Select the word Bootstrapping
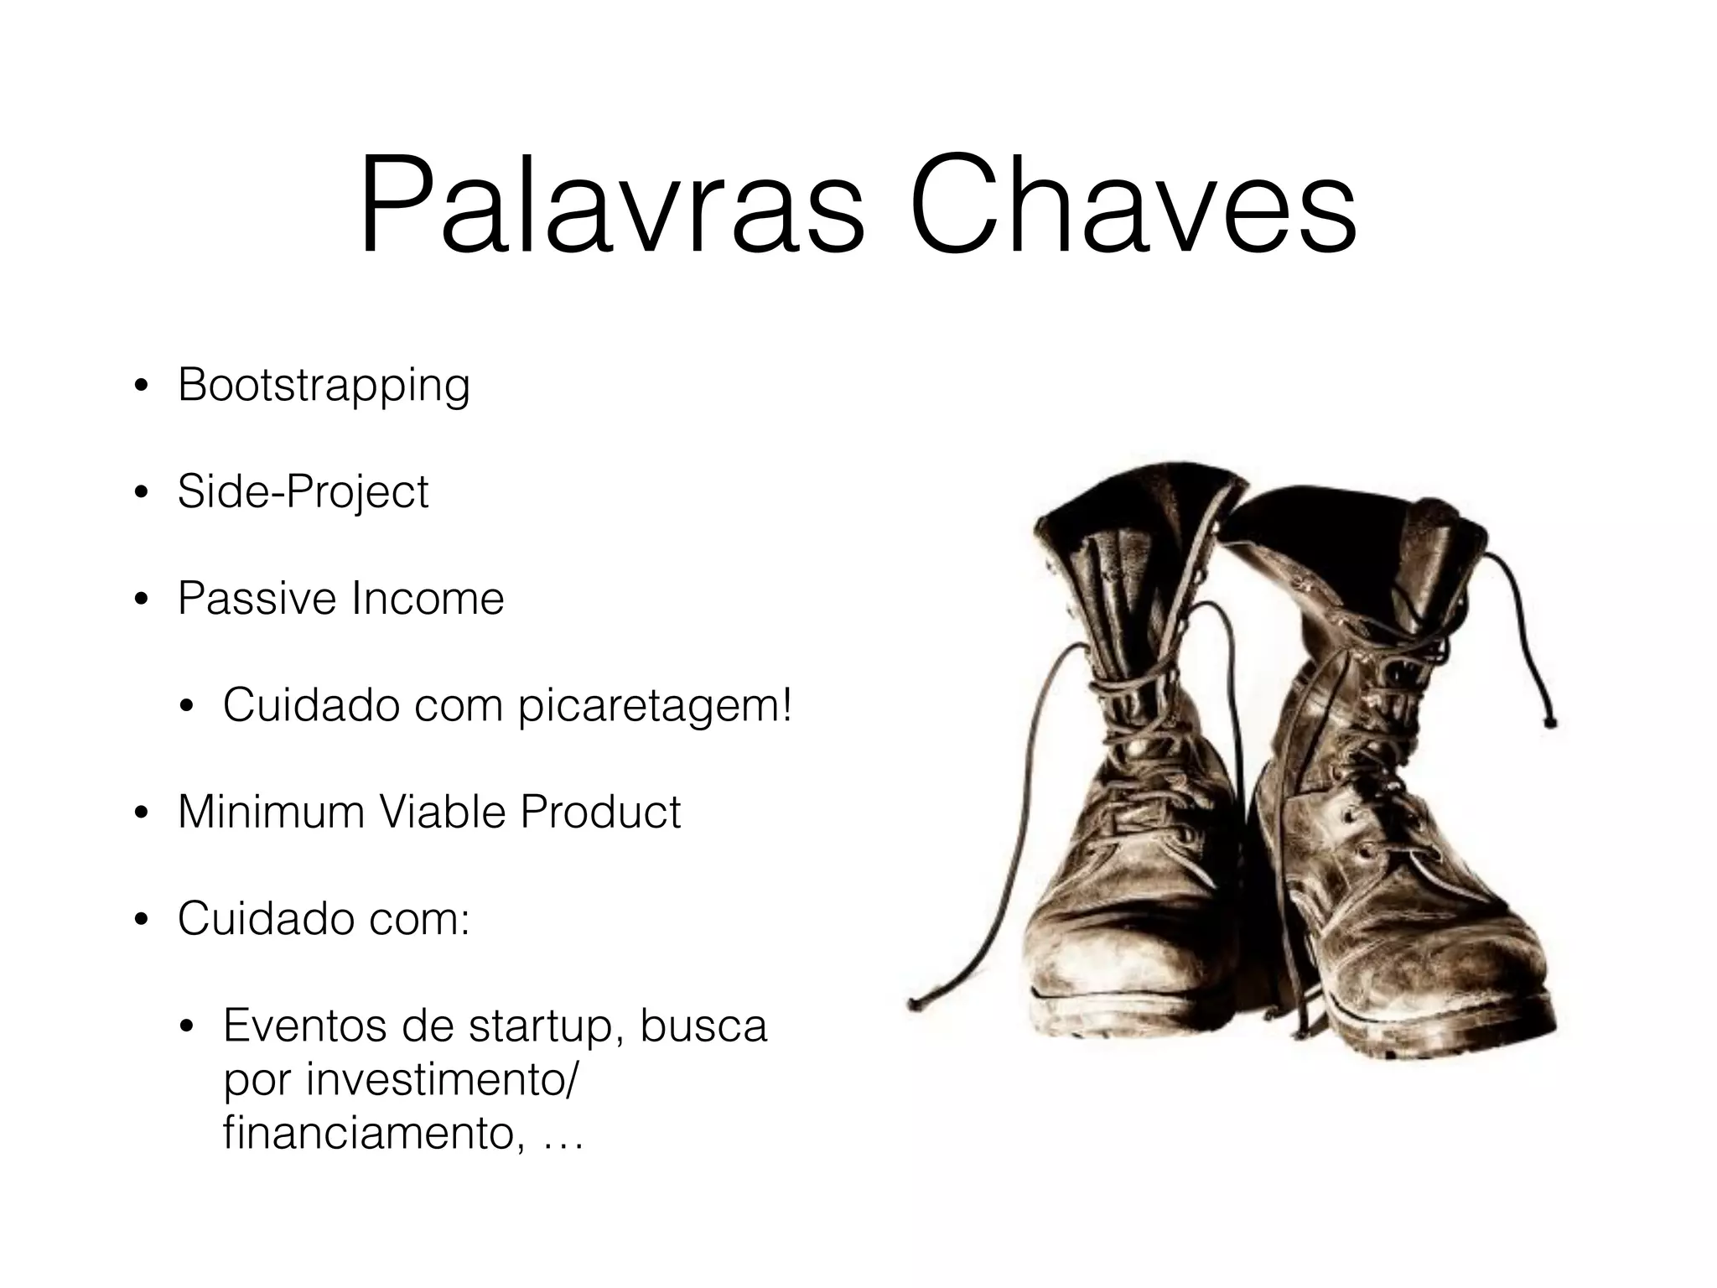(x=324, y=387)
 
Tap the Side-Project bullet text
(x=303, y=492)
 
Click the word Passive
(x=257, y=599)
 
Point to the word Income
(x=428, y=599)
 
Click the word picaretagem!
(x=654, y=706)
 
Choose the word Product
(x=600, y=813)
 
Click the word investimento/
(x=441, y=1080)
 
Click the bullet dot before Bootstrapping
(x=142, y=388)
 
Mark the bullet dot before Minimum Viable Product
(x=142, y=814)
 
